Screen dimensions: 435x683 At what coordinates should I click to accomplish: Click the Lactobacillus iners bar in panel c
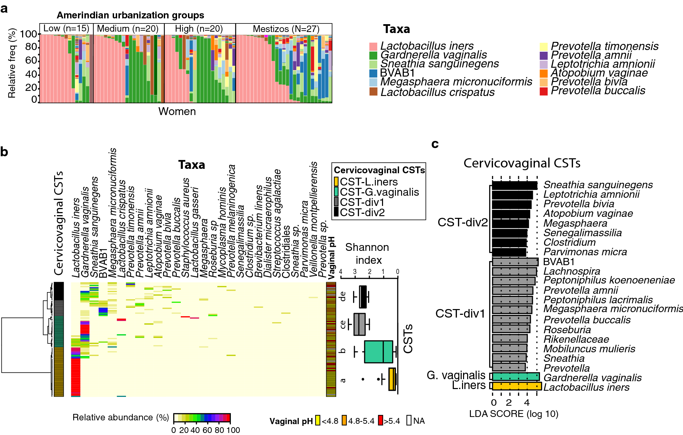[x=517, y=386]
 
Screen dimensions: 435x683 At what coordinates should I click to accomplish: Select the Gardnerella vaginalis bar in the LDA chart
[x=516, y=376]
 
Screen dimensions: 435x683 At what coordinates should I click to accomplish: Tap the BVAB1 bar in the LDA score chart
[x=515, y=262]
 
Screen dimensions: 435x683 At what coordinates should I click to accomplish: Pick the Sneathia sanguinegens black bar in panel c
[x=514, y=186]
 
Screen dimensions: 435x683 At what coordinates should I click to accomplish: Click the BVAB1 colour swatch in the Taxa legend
[x=373, y=73]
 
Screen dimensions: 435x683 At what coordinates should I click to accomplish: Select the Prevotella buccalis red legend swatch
[x=543, y=91]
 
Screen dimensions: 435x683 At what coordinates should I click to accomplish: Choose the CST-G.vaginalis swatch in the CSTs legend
[x=336, y=192]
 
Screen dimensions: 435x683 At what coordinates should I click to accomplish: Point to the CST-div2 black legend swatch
[x=336, y=212]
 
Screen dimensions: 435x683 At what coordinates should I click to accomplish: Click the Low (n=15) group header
[x=66, y=29]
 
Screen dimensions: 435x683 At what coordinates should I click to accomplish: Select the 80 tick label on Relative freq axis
[x=31, y=47]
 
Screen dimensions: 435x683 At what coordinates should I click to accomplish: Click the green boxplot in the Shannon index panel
[x=378, y=352]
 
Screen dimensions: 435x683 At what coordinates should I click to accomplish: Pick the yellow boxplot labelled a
[x=392, y=379]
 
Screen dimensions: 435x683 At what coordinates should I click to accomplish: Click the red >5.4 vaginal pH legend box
[x=380, y=421]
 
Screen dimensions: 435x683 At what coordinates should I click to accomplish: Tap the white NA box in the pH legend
[x=409, y=421]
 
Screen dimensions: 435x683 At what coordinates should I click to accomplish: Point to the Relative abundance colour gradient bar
[x=202, y=418]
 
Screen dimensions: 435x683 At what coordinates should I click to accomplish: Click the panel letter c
[x=435, y=144]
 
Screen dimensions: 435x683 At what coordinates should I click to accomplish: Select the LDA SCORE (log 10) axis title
[x=513, y=414]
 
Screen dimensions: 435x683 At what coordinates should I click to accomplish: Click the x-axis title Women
[x=177, y=112]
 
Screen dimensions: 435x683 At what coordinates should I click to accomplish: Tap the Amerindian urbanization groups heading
[x=130, y=15]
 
